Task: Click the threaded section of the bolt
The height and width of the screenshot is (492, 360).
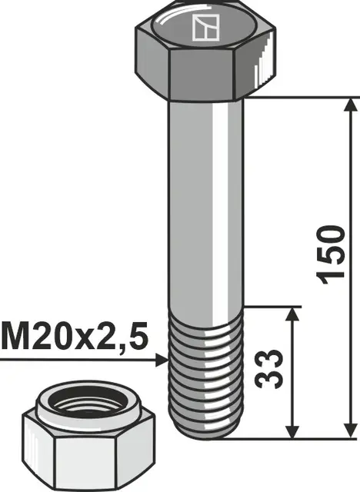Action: (x=206, y=369)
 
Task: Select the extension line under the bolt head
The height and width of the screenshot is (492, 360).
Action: (x=300, y=97)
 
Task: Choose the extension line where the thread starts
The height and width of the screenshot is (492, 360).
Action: (x=269, y=306)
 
